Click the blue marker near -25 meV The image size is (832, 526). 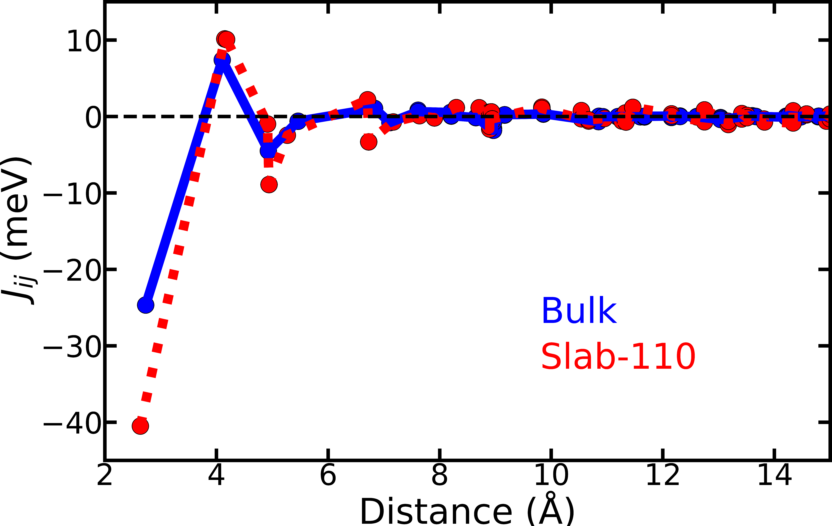pyautogui.click(x=145, y=305)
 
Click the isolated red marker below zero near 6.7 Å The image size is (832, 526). pyautogui.click(x=369, y=142)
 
